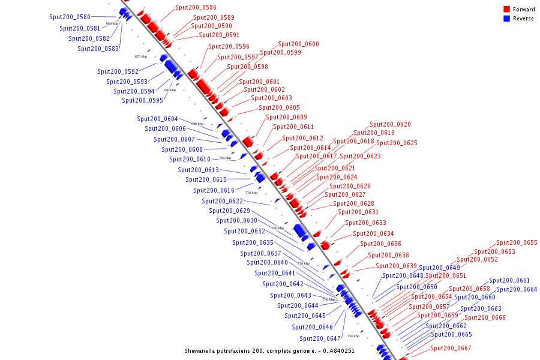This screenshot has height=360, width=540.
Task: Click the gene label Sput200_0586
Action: [x=196, y=7]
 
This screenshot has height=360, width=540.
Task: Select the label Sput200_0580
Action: [x=70, y=17]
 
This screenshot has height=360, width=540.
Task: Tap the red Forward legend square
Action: [x=506, y=9]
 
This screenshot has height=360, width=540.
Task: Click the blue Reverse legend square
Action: [x=506, y=19]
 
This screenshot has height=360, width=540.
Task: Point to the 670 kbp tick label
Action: [x=141, y=56]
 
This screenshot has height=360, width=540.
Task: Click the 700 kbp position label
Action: [x=224, y=158]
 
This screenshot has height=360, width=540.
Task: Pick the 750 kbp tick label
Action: [x=353, y=336]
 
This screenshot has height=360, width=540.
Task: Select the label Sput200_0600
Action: [x=298, y=44]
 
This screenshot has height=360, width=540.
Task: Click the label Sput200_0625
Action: [x=397, y=143]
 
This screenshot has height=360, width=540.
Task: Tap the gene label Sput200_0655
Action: [x=517, y=243]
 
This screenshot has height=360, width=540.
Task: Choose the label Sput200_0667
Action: [x=451, y=348]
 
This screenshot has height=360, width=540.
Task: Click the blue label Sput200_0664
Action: [x=517, y=289]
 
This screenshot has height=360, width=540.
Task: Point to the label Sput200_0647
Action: [x=320, y=338]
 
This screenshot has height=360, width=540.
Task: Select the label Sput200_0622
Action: [x=222, y=202]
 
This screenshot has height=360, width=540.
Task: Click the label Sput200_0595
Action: [x=142, y=100]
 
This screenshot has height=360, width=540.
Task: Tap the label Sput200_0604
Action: [x=157, y=119]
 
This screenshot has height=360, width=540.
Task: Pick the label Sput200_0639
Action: [x=396, y=266]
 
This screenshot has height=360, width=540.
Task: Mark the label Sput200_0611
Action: [x=293, y=127]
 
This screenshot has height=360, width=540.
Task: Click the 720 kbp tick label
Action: [x=278, y=228]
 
